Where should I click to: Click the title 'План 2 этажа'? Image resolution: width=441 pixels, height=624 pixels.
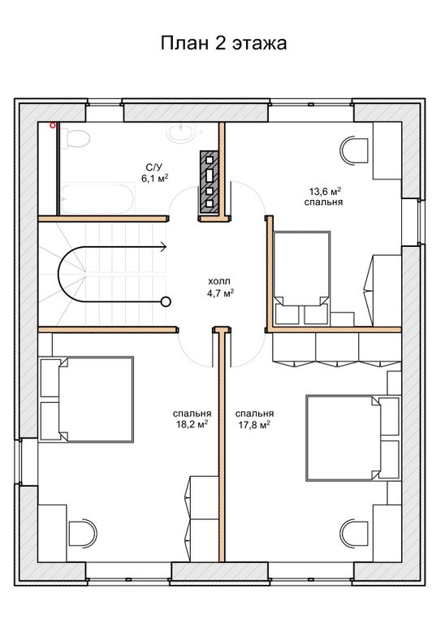click(x=223, y=43)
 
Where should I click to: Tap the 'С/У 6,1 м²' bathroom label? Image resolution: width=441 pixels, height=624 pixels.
click(x=154, y=172)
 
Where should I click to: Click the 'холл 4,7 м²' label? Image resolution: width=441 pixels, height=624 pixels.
click(x=220, y=288)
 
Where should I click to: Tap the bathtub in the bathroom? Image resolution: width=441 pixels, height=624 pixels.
click(x=97, y=198)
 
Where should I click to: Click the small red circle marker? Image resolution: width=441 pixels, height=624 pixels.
click(x=52, y=126)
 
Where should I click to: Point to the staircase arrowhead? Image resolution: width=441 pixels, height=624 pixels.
click(x=163, y=247)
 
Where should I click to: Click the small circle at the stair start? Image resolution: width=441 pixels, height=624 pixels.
click(x=166, y=302)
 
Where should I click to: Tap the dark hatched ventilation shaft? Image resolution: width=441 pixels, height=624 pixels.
click(x=210, y=180)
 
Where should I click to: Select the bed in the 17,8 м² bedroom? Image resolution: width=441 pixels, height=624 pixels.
click(x=352, y=438)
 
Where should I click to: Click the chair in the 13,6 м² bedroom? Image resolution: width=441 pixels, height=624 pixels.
click(x=354, y=150)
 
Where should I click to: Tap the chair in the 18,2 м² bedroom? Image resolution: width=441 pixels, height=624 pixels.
click(x=83, y=533)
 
